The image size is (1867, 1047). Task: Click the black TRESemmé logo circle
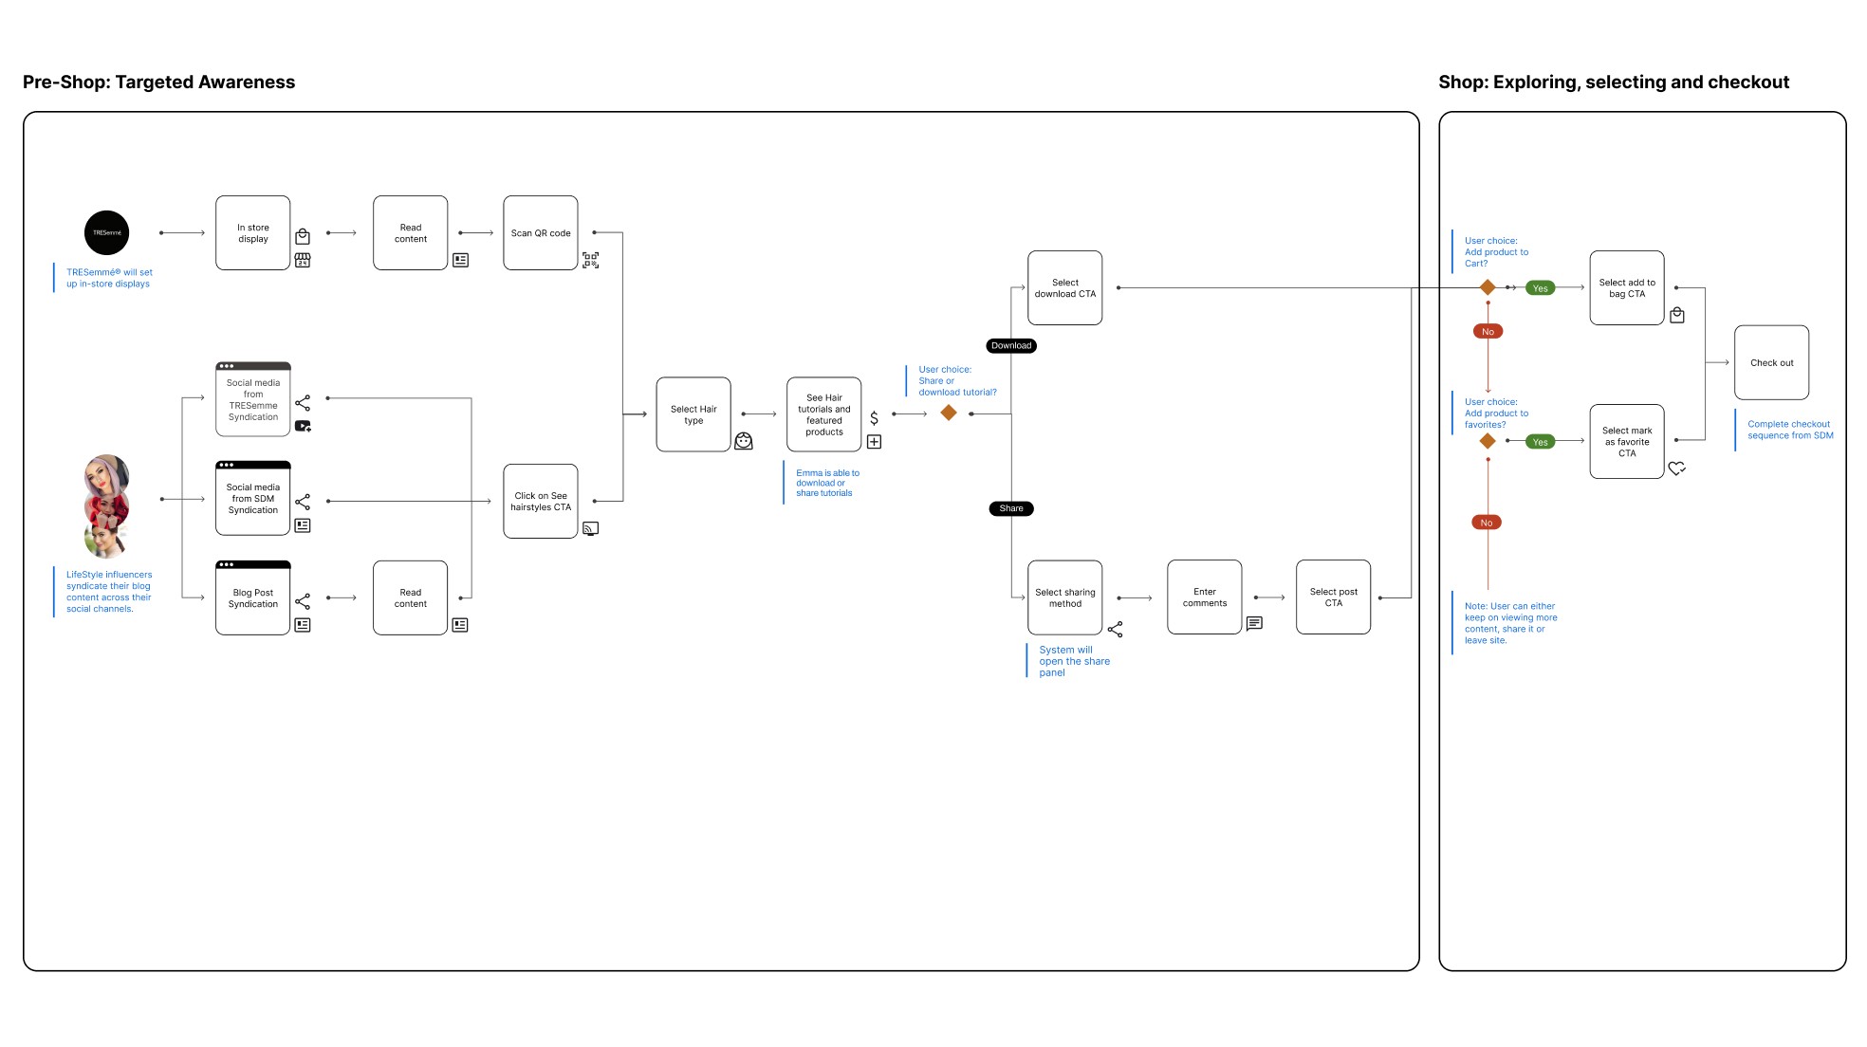tap(106, 232)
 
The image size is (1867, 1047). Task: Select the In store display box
tap(253, 233)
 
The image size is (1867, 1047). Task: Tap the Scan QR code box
tap(541, 233)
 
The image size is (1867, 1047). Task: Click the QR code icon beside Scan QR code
tap(590, 260)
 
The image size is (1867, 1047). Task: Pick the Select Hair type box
tap(693, 414)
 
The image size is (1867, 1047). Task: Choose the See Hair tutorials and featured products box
tap(824, 414)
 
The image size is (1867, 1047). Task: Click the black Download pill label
tap(1011, 345)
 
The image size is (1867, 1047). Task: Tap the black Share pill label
tap(1011, 508)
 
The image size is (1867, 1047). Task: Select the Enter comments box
tap(1205, 597)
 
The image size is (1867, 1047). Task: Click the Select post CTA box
tap(1334, 597)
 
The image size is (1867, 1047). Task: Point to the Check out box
tap(1772, 363)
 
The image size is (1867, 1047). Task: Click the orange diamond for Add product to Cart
tap(1488, 287)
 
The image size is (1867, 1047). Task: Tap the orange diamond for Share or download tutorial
tap(949, 413)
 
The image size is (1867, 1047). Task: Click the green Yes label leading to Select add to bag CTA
tap(1541, 288)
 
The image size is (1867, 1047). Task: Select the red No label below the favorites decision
tap(1487, 523)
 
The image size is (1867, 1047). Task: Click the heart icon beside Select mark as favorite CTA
tap(1677, 468)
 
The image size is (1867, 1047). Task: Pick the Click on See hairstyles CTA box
tap(541, 502)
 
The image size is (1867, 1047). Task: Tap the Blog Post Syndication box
tap(253, 598)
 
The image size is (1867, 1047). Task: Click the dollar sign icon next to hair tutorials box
tap(874, 418)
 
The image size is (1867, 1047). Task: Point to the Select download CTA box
tap(1065, 288)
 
